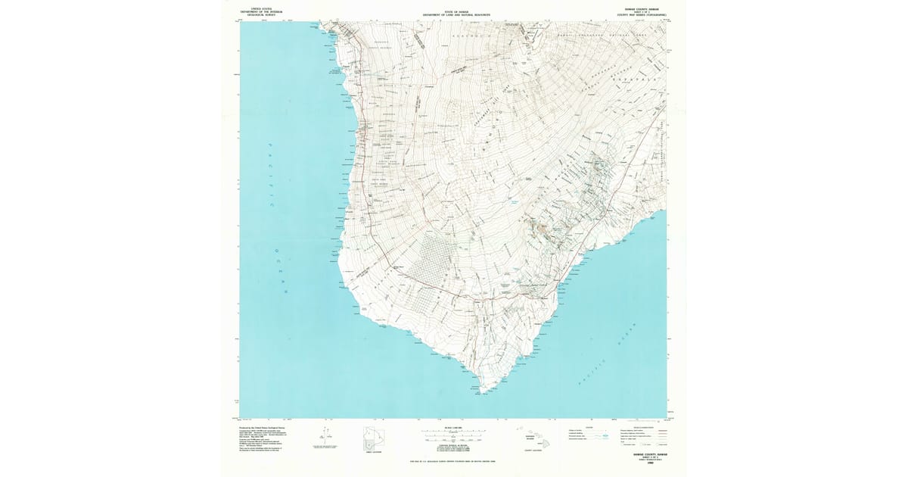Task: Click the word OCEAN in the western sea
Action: pos(281,272)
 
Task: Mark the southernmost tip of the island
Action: pos(481,391)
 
